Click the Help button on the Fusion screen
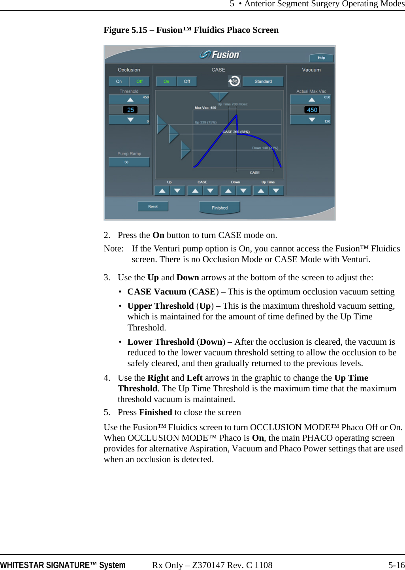click(x=321, y=58)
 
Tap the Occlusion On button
click(x=119, y=81)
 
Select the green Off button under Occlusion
click(x=139, y=81)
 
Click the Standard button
click(x=263, y=81)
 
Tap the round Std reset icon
click(x=234, y=81)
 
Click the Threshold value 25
click(x=130, y=110)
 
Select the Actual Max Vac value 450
click(x=312, y=110)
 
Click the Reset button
click(x=153, y=206)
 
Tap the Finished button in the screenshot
click(x=220, y=208)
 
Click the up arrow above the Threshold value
click(x=130, y=100)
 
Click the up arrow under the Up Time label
click(x=261, y=191)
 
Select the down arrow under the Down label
click(x=243, y=191)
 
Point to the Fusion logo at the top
click(x=220, y=55)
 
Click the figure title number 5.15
click(x=139, y=30)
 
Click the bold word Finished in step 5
click(x=155, y=412)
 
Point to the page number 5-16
click(x=396, y=565)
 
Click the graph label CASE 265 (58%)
click(x=236, y=132)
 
